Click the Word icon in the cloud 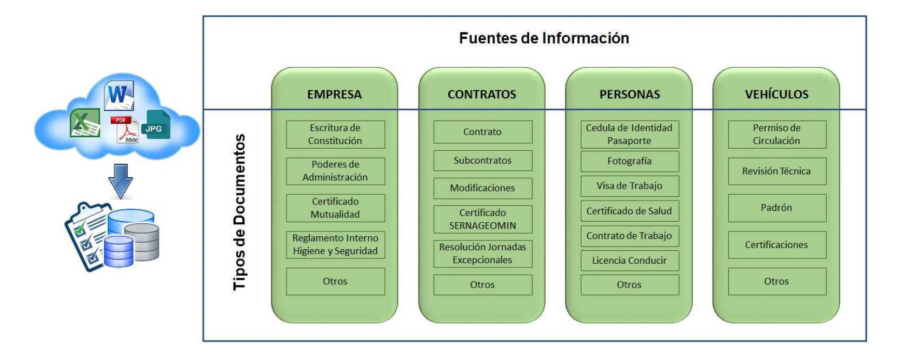(x=118, y=96)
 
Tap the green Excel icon (x=85, y=123)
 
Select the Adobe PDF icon (x=125, y=130)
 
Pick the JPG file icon (x=157, y=124)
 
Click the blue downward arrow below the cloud (x=120, y=181)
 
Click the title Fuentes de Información (x=543, y=38)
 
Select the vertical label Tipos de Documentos (x=240, y=212)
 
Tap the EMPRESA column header (x=334, y=95)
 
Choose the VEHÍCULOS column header (x=776, y=95)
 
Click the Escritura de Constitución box (x=335, y=135)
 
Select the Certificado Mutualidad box (x=335, y=208)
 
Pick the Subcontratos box (x=483, y=161)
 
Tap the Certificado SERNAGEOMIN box (x=483, y=219)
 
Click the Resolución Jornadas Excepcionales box (x=483, y=254)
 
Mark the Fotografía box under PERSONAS (x=629, y=161)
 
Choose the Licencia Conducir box (x=629, y=261)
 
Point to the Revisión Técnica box (x=777, y=171)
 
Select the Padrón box (x=777, y=208)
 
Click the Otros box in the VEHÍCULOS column (x=777, y=281)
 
